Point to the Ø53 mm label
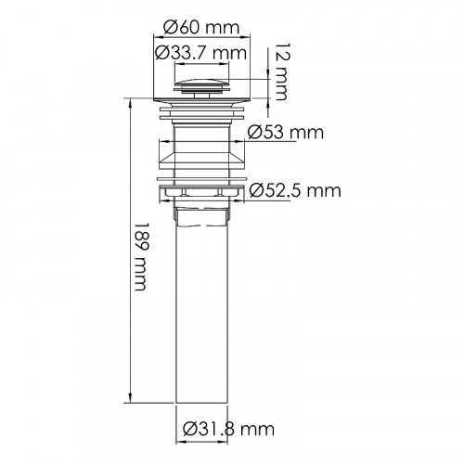point(286,133)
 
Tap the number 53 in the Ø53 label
point(276,133)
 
